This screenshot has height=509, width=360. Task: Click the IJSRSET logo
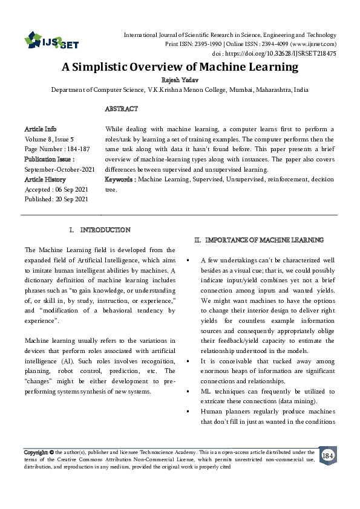pos(51,42)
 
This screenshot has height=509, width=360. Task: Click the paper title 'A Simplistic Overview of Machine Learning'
pos(180,67)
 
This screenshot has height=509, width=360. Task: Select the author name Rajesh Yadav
pos(180,79)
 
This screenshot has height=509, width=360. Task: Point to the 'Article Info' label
pos(41,129)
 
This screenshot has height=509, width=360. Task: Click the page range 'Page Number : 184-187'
pos(56,149)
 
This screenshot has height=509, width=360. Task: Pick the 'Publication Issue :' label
pos(49,160)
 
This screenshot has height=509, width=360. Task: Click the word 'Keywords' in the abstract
pos(119,180)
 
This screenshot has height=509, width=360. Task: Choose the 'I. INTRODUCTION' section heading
pos(100,230)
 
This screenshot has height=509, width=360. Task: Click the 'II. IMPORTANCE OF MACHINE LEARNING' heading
pos(258,240)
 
